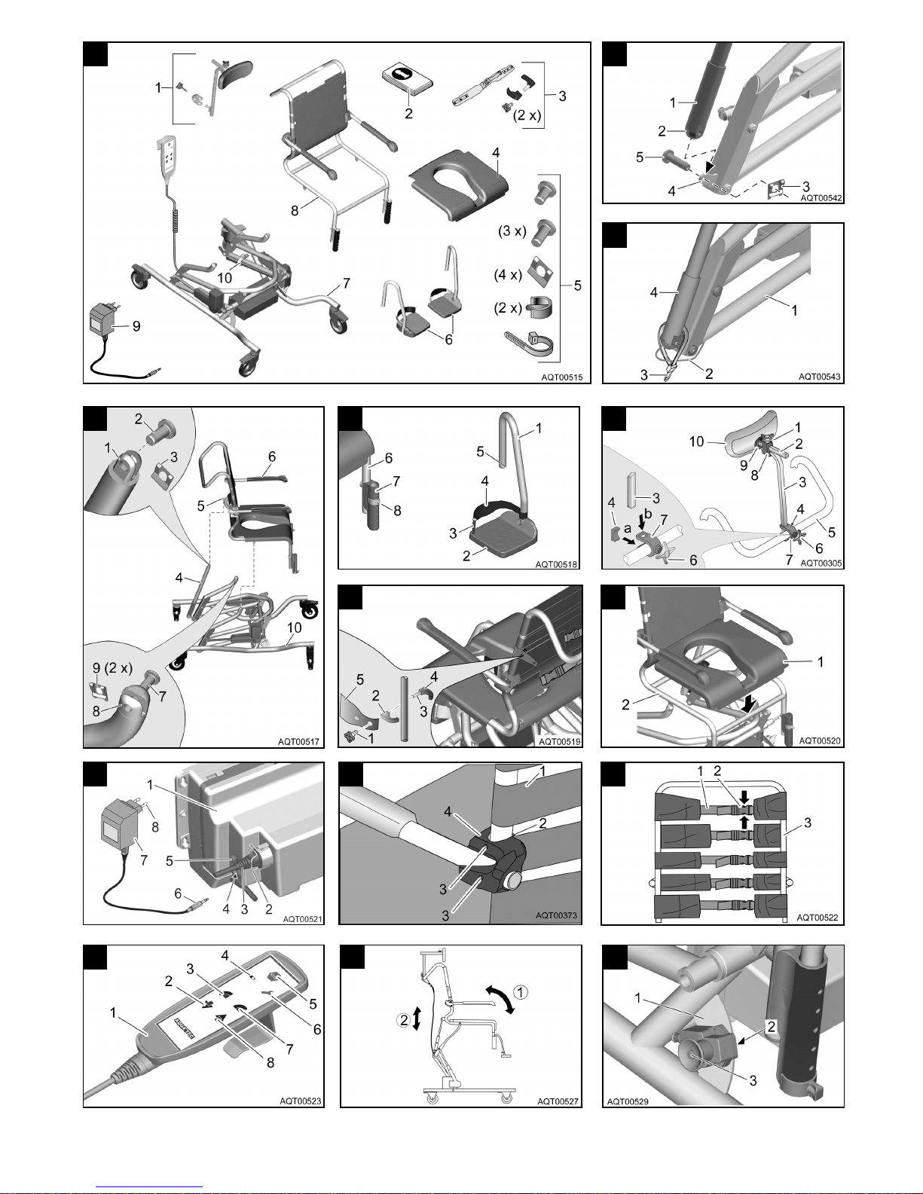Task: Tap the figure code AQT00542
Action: click(x=821, y=198)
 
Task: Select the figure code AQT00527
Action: click(x=558, y=1101)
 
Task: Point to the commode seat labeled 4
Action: click(x=460, y=188)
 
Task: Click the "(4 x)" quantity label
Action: click(x=508, y=275)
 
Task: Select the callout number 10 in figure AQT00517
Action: click(x=295, y=628)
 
